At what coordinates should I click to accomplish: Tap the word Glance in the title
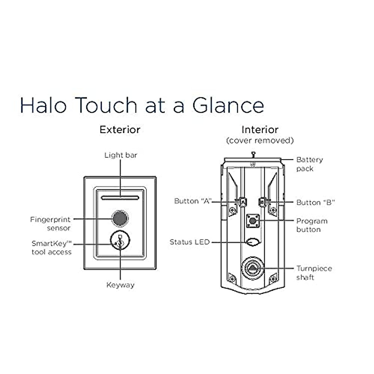coord(228,105)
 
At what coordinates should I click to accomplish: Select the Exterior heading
coord(120,130)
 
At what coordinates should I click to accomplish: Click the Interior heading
coord(260,130)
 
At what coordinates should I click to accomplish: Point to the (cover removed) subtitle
coord(260,141)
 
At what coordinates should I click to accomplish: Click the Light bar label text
coord(121,155)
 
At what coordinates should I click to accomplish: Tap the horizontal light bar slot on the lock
coord(120,197)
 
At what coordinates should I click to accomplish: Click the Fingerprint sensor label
coord(50,224)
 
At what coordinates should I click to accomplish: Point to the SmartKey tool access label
coord(51,248)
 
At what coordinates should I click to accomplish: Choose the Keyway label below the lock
coord(120,285)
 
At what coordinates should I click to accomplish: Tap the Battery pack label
coord(309,164)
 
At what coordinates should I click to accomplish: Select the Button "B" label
coord(315,203)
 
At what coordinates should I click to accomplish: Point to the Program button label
coord(312,225)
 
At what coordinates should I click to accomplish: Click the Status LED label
coord(189,242)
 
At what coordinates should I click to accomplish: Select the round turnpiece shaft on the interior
coord(252,268)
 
